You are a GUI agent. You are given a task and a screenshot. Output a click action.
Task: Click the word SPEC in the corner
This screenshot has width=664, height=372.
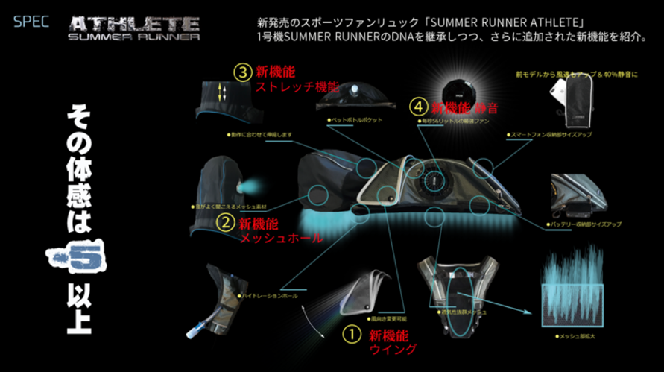[31, 21]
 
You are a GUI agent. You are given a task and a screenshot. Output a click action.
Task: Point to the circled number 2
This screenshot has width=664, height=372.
[224, 222]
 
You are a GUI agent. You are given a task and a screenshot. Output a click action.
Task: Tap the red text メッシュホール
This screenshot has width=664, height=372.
[281, 238]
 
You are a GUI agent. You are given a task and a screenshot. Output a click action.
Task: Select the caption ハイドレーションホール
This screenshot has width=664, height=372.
[268, 296]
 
